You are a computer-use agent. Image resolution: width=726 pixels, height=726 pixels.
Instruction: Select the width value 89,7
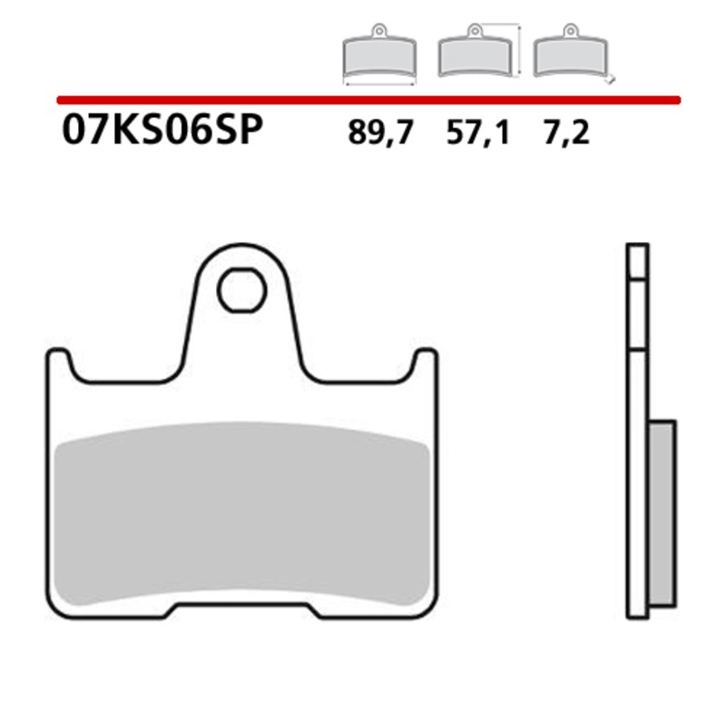click(380, 134)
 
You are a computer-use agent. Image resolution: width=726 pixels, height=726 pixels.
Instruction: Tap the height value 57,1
click(478, 134)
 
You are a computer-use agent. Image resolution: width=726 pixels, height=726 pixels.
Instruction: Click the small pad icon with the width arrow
click(379, 55)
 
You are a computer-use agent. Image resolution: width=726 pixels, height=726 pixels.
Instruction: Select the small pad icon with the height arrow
click(474, 55)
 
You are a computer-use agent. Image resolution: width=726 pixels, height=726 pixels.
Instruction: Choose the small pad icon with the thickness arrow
click(570, 55)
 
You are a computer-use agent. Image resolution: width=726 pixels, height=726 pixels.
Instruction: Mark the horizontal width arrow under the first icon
click(379, 83)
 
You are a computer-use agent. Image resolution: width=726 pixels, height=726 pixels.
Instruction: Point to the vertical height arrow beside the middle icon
click(518, 53)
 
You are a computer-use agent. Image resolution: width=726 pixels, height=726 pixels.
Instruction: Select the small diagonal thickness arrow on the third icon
click(611, 79)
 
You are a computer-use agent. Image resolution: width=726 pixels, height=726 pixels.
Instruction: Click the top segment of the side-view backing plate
click(637, 260)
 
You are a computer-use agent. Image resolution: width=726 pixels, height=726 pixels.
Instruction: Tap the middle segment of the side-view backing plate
click(637, 314)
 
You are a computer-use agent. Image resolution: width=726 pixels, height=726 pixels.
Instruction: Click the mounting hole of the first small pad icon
click(379, 33)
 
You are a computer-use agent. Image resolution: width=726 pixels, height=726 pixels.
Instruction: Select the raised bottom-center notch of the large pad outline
click(241, 606)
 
